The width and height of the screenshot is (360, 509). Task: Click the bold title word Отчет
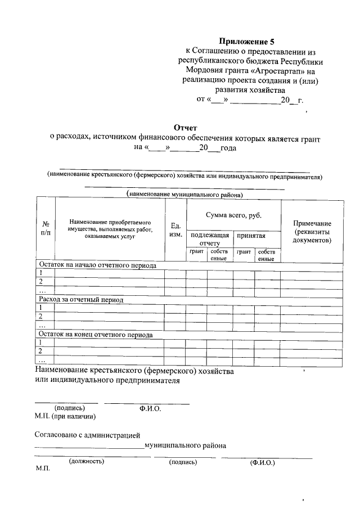pos(185,128)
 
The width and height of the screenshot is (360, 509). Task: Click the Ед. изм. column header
pos(175,229)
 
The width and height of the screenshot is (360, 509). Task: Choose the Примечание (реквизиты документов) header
pos(312,232)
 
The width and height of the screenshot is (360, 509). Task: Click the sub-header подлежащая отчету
pos(210,239)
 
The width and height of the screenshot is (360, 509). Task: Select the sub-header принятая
pos(251,236)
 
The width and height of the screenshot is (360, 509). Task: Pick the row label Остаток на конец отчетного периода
pos(95,335)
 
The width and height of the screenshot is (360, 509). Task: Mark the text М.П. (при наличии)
pos(65,417)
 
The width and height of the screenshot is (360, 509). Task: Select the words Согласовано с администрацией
pos(87,435)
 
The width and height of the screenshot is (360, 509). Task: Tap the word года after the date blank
pos(228,148)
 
